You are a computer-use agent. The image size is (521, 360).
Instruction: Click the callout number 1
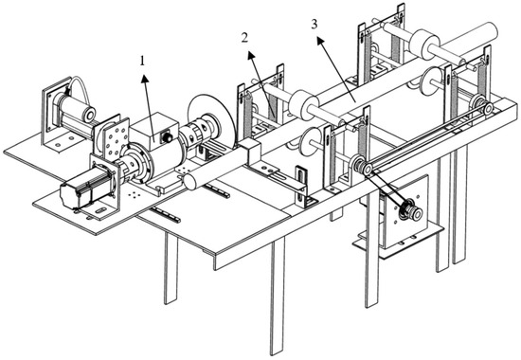click(x=142, y=61)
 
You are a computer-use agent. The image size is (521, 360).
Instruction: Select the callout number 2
click(x=244, y=38)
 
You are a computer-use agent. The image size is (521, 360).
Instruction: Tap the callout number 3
click(x=314, y=25)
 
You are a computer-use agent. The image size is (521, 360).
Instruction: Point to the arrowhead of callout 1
click(x=145, y=79)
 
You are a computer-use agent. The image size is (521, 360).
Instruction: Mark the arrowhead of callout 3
click(x=320, y=41)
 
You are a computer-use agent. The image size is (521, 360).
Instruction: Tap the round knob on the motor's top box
click(x=166, y=137)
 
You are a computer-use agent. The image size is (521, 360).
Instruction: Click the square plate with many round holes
click(x=116, y=138)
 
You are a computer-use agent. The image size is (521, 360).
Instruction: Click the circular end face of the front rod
click(x=191, y=182)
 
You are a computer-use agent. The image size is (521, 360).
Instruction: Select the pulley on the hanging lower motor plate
click(x=412, y=209)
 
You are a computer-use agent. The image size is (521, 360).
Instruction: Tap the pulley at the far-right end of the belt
click(x=487, y=109)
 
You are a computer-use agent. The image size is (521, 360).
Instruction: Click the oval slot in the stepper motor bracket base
click(x=101, y=210)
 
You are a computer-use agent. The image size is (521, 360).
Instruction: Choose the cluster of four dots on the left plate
click(x=134, y=194)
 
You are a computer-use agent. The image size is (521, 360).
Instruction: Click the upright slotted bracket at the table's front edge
click(x=301, y=186)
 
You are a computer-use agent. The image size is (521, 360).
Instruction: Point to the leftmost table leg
click(x=171, y=268)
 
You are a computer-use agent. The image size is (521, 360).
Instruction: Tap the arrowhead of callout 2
click(x=252, y=56)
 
